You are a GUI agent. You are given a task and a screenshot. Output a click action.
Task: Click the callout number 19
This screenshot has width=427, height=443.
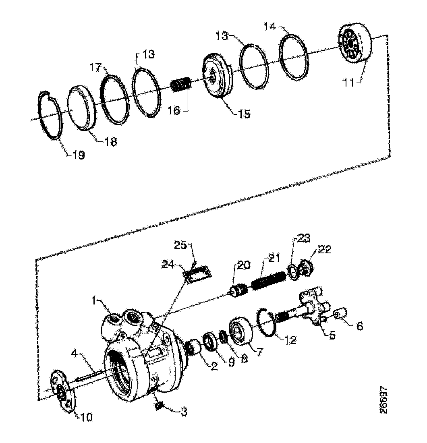tap(79, 155)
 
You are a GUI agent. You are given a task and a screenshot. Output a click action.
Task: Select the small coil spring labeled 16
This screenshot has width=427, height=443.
tap(181, 86)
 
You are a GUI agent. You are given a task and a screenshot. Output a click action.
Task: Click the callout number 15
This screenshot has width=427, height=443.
tap(243, 114)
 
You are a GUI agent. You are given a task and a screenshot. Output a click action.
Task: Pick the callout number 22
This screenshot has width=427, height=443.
tap(324, 250)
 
